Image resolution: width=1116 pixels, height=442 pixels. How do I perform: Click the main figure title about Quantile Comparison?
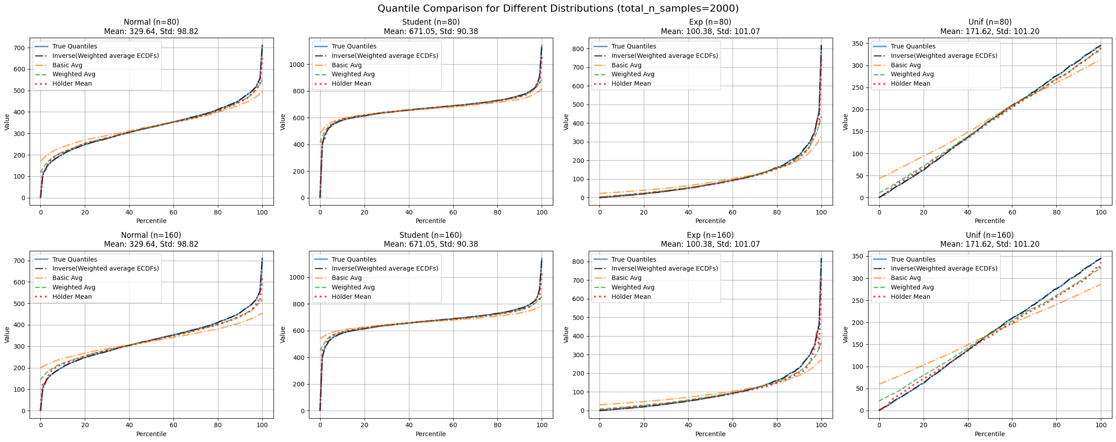click(x=558, y=8)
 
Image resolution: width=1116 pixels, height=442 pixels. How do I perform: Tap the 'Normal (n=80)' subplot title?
click(x=151, y=22)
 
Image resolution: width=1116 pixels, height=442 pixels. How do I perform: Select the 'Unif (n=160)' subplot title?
click(x=990, y=235)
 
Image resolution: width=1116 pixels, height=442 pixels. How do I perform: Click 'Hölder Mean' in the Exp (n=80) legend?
click(x=631, y=83)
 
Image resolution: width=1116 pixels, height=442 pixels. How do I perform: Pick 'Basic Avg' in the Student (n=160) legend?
click(x=347, y=278)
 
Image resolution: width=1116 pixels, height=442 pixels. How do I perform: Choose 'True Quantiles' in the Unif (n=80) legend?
click(x=913, y=46)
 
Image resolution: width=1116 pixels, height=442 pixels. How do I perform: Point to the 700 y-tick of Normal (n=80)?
click(x=20, y=48)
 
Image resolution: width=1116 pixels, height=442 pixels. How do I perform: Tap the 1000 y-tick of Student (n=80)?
click(x=297, y=65)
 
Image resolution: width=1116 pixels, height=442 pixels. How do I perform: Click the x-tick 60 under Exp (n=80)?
click(x=733, y=212)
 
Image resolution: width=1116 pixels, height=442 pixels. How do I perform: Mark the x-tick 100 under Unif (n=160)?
click(x=1101, y=425)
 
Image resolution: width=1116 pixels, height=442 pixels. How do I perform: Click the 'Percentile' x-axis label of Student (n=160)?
click(x=430, y=434)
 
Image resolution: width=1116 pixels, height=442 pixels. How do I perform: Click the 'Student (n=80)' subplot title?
click(x=430, y=22)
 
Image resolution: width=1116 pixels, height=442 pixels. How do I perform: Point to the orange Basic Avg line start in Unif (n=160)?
click(x=880, y=384)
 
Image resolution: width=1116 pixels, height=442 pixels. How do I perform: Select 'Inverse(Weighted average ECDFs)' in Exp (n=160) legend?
click(x=664, y=268)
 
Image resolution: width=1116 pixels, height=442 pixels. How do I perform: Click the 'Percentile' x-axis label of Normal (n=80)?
click(x=151, y=221)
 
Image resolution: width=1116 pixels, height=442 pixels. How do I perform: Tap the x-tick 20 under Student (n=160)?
click(x=364, y=425)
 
